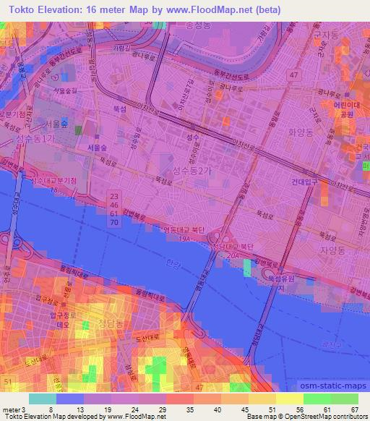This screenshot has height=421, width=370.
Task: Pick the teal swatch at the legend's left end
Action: tap(42, 399)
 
